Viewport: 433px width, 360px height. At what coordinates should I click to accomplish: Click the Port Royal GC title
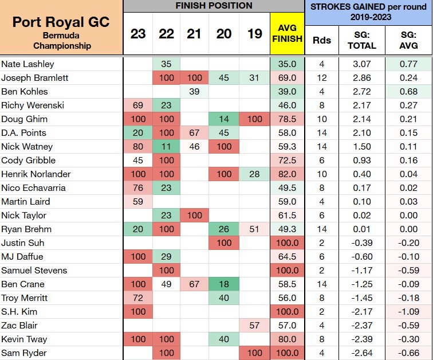click(61, 22)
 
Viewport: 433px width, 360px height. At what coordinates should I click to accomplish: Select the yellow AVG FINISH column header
click(287, 33)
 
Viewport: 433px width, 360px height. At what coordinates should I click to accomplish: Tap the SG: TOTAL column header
click(362, 40)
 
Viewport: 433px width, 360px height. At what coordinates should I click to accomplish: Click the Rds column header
click(322, 40)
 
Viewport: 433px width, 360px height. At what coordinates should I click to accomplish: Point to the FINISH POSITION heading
click(214, 6)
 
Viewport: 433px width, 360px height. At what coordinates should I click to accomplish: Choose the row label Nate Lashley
click(27, 64)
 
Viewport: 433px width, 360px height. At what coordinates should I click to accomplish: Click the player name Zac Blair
click(19, 326)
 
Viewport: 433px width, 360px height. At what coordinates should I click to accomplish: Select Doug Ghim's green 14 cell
click(224, 119)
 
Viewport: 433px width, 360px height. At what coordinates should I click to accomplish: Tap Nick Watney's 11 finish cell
click(166, 146)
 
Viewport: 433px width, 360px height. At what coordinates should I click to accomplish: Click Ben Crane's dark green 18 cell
click(224, 284)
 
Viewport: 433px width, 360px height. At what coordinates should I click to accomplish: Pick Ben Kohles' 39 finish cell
click(194, 92)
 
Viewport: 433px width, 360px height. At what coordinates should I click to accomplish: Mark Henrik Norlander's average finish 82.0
click(287, 174)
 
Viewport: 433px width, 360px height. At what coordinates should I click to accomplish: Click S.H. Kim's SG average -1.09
click(409, 312)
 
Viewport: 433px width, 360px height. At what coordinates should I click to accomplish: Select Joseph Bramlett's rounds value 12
click(322, 78)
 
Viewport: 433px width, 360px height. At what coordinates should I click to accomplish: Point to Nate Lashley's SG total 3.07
click(362, 64)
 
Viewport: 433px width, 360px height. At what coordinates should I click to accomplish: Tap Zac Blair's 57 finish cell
click(254, 326)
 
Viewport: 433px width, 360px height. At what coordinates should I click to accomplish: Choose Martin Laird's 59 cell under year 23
click(138, 201)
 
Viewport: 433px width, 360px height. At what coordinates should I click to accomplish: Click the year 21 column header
click(194, 34)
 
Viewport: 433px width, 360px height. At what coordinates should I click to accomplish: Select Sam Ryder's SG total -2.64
click(362, 353)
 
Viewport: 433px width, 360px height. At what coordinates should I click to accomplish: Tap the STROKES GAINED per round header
click(368, 12)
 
